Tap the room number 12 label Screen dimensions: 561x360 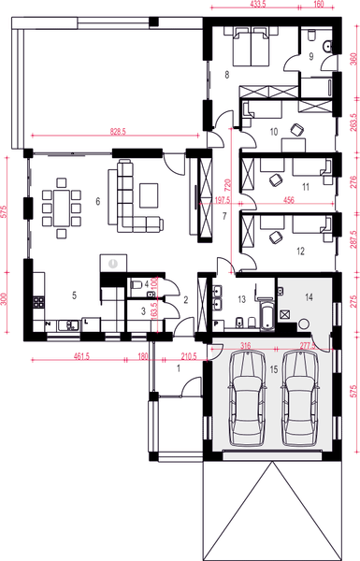coord(298,251)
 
